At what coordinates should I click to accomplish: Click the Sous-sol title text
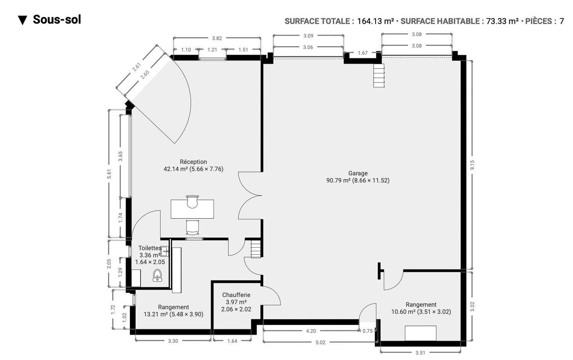[57, 20]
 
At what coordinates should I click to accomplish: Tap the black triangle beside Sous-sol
[23, 20]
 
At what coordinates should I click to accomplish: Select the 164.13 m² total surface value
[375, 21]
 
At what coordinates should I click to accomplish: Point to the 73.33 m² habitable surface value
[502, 21]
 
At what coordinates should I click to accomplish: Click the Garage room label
[358, 173]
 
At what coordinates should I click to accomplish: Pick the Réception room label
[193, 162]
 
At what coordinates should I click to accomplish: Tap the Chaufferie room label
[236, 295]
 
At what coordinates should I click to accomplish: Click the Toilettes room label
[150, 248]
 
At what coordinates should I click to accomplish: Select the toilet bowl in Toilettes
[157, 275]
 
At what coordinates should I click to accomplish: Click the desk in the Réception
[192, 209]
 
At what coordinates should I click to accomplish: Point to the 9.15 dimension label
[472, 165]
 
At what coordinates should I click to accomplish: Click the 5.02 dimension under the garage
[320, 342]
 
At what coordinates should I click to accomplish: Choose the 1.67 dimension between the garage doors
[363, 53]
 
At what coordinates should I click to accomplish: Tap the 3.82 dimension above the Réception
[217, 38]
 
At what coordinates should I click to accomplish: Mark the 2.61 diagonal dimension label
[137, 67]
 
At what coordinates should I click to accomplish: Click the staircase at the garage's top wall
[379, 76]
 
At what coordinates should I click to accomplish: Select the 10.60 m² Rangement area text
[421, 311]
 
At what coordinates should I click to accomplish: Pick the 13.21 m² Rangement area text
[173, 314]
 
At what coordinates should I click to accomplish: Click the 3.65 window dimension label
[120, 156]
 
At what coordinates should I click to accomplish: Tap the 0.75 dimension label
[367, 331]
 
